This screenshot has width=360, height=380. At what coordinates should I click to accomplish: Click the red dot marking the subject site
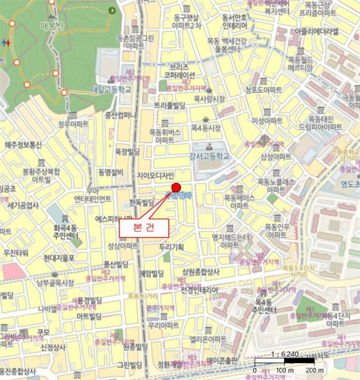tap(175, 188)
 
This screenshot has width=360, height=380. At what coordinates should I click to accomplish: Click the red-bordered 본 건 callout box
tap(144, 228)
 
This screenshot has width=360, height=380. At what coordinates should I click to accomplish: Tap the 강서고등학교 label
tap(209, 156)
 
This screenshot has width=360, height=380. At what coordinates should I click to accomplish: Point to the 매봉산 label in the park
tap(52, 25)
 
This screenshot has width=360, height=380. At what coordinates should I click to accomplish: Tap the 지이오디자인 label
tap(155, 175)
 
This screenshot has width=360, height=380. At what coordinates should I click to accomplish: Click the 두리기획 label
tap(172, 247)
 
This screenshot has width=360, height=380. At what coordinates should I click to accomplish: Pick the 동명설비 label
tap(111, 172)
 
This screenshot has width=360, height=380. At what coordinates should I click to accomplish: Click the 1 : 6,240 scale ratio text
tap(283, 354)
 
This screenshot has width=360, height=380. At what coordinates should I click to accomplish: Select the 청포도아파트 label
tap(263, 90)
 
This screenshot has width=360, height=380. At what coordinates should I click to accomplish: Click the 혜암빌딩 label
tap(151, 273)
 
